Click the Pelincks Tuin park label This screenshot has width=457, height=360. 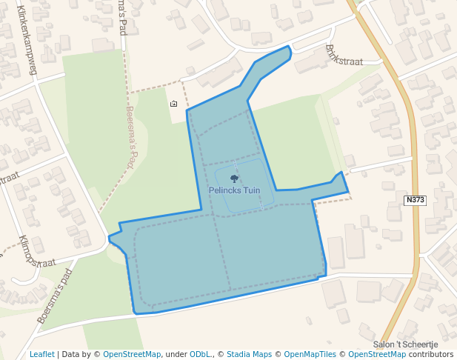pyautogui.click(x=234, y=190)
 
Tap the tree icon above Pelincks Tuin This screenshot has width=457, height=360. pyautogui.click(x=234, y=179)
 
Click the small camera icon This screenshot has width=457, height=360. pyautogui.click(x=173, y=104)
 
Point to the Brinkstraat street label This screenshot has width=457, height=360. pyautogui.click(x=344, y=56)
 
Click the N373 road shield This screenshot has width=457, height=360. pyautogui.click(x=415, y=200)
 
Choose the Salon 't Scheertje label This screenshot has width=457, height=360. pyautogui.click(x=406, y=344)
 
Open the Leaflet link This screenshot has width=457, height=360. pyautogui.click(x=41, y=354)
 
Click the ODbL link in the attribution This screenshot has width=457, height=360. pyautogui.click(x=200, y=354)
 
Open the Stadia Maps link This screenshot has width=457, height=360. pyautogui.click(x=249, y=354)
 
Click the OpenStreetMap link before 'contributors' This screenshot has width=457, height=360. pyautogui.click(x=376, y=354)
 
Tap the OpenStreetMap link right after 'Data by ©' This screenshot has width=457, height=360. pyautogui.click(x=132, y=354)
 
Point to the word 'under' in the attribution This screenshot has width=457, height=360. pyautogui.click(x=176, y=354)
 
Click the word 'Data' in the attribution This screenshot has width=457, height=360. pyautogui.click(x=72, y=354)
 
